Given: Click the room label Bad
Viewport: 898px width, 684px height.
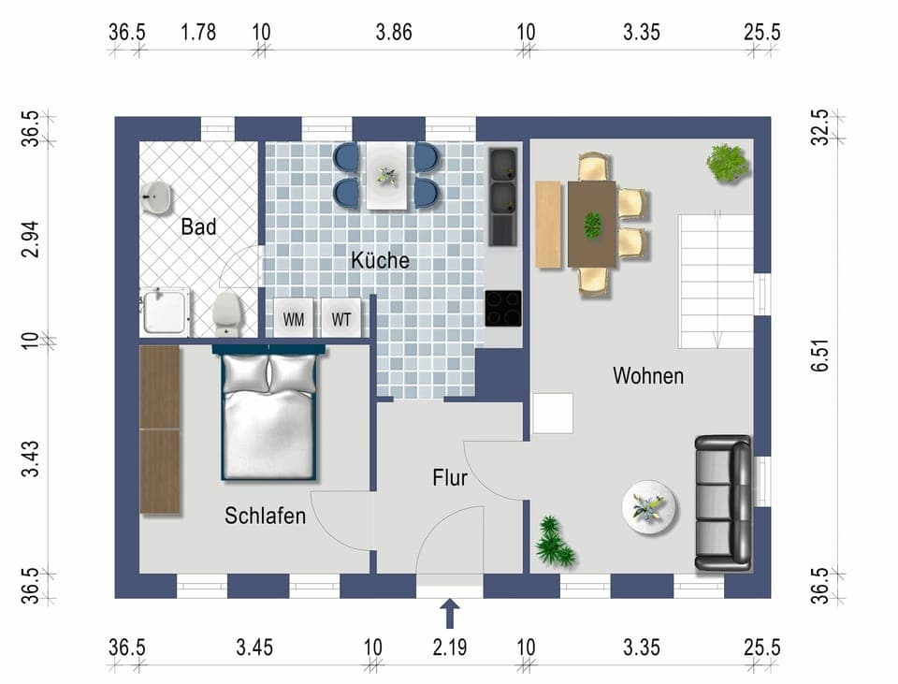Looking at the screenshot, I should pyautogui.click(x=198, y=226).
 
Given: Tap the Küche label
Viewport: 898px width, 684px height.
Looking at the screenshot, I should pyautogui.click(x=380, y=260).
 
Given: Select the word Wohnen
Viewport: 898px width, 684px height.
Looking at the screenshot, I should pyautogui.click(x=648, y=376).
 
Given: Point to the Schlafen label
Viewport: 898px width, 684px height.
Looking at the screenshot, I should pyautogui.click(x=265, y=516).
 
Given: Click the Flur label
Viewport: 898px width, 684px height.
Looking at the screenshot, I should pyautogui.click(x=449, y=478).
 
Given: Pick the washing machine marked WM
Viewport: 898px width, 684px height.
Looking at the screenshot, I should pyautogui.click(x=294, y=318).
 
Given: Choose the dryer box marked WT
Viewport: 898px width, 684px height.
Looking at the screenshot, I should pyautogui.click(x=342, y=318).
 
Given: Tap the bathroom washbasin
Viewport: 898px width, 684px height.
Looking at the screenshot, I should pyautogui.click(x=156, y=197).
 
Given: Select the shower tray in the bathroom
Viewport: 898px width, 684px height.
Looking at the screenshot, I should pyautogui.click(x=166, y=312).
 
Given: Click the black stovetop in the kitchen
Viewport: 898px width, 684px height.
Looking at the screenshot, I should pyautogui.click(x=503, y=308).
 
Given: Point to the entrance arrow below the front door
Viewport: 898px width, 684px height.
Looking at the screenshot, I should pyautogui.click(x=450, y=614).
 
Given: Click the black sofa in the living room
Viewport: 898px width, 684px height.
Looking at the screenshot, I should pyautogui.click(x=723, y=502).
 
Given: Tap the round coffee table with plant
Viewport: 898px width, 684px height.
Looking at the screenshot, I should pyautogui.click(x=650, y=508).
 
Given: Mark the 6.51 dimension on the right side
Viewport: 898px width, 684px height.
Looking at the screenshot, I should pyautogui.click(x=819, y=357).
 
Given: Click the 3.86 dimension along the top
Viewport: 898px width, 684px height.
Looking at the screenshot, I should pyautogui.click(x=394, y=33).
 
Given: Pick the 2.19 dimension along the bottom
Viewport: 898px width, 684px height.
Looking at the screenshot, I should pyautogui.click(x=450, y=647).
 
